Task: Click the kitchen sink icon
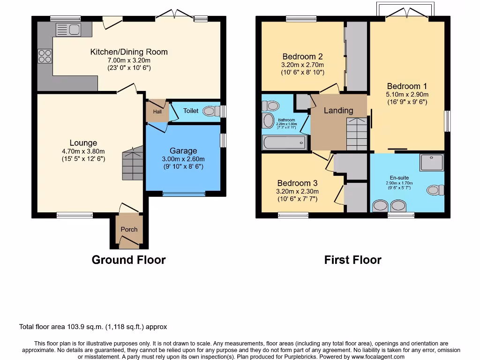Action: pyautogui.click(x=68, y=30)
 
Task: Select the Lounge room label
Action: pyautogui.click(x=83, y=143)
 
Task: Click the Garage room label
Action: pyautogui.click(x=183, y=151)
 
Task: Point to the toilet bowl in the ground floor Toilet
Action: pyautogui.click(x=213, y=112)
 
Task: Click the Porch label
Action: pyautogui.click(x=129, y=229)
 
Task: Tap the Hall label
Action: pyautogui.click(x=157, y=112)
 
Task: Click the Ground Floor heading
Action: pyautogui.click(x=128, y=260)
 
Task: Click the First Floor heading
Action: pyautogui.click(x=352, y=260)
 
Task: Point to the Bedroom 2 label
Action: pyautogui.click(x=302, y=57)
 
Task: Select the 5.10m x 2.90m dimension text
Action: pyautogui.click(x=407, y=94)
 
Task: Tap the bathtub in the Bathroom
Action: pyautogui.click(x=284, y=142)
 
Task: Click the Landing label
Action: pyautogui.click(x=338, y=111)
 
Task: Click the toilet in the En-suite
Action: pyautogui.click(x=435, y=190)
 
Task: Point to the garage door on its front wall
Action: pyautogui.click(x=183, y=193)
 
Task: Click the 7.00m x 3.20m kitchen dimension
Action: pyautogui.click(x=128, y=60)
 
